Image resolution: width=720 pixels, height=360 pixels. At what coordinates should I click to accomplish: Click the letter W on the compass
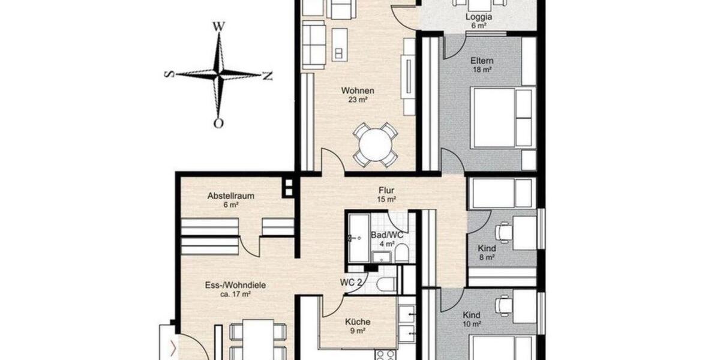click(x=219, y=26)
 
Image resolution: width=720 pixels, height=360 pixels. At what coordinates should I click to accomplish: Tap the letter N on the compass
click(x=268, y=76)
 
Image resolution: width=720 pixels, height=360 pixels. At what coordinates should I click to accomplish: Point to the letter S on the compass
click(x=169, y=74)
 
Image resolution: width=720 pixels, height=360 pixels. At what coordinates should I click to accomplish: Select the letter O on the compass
click(x=219, y=124)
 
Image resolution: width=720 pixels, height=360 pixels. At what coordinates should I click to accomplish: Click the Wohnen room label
click(x=358, y=91)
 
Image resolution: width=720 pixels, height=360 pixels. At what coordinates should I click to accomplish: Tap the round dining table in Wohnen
click(x=376, y=144)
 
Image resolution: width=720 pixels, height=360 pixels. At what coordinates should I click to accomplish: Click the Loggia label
click(x=478, y=17)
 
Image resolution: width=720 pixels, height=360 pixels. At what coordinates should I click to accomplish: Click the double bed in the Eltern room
click(x=502, y=118)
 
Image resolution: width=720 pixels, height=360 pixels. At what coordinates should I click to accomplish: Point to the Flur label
click(x=386, y=190)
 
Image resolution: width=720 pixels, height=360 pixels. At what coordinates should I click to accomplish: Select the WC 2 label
click(x=350, y=282)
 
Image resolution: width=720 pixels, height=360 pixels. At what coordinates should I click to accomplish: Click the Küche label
click(x=357, y=322)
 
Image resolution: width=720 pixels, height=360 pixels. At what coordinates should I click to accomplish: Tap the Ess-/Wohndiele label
click(x=227, y=286)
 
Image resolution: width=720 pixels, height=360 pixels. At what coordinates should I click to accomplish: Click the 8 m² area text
click(x=486, y=257)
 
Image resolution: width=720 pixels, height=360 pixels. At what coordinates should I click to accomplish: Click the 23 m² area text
click(x=358, y=100)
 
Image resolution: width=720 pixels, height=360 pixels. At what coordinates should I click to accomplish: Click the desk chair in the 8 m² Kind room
click(x=503, y=232)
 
